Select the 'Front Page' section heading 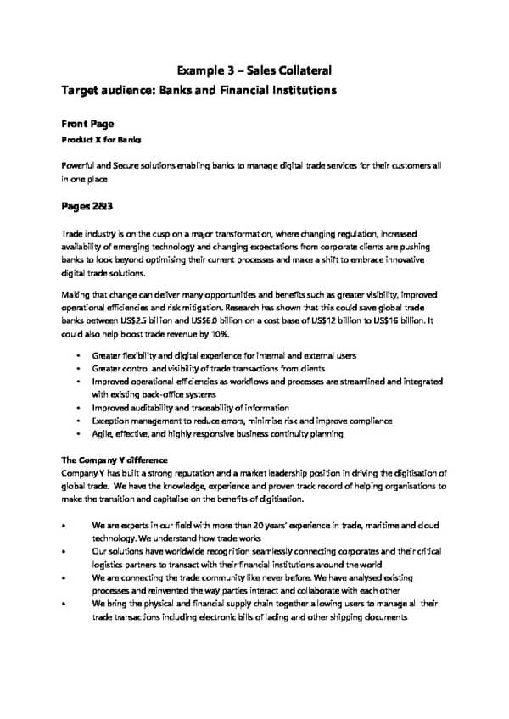[87, 123]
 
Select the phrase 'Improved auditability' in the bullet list [134, 408]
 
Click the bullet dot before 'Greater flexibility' [77, 356]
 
